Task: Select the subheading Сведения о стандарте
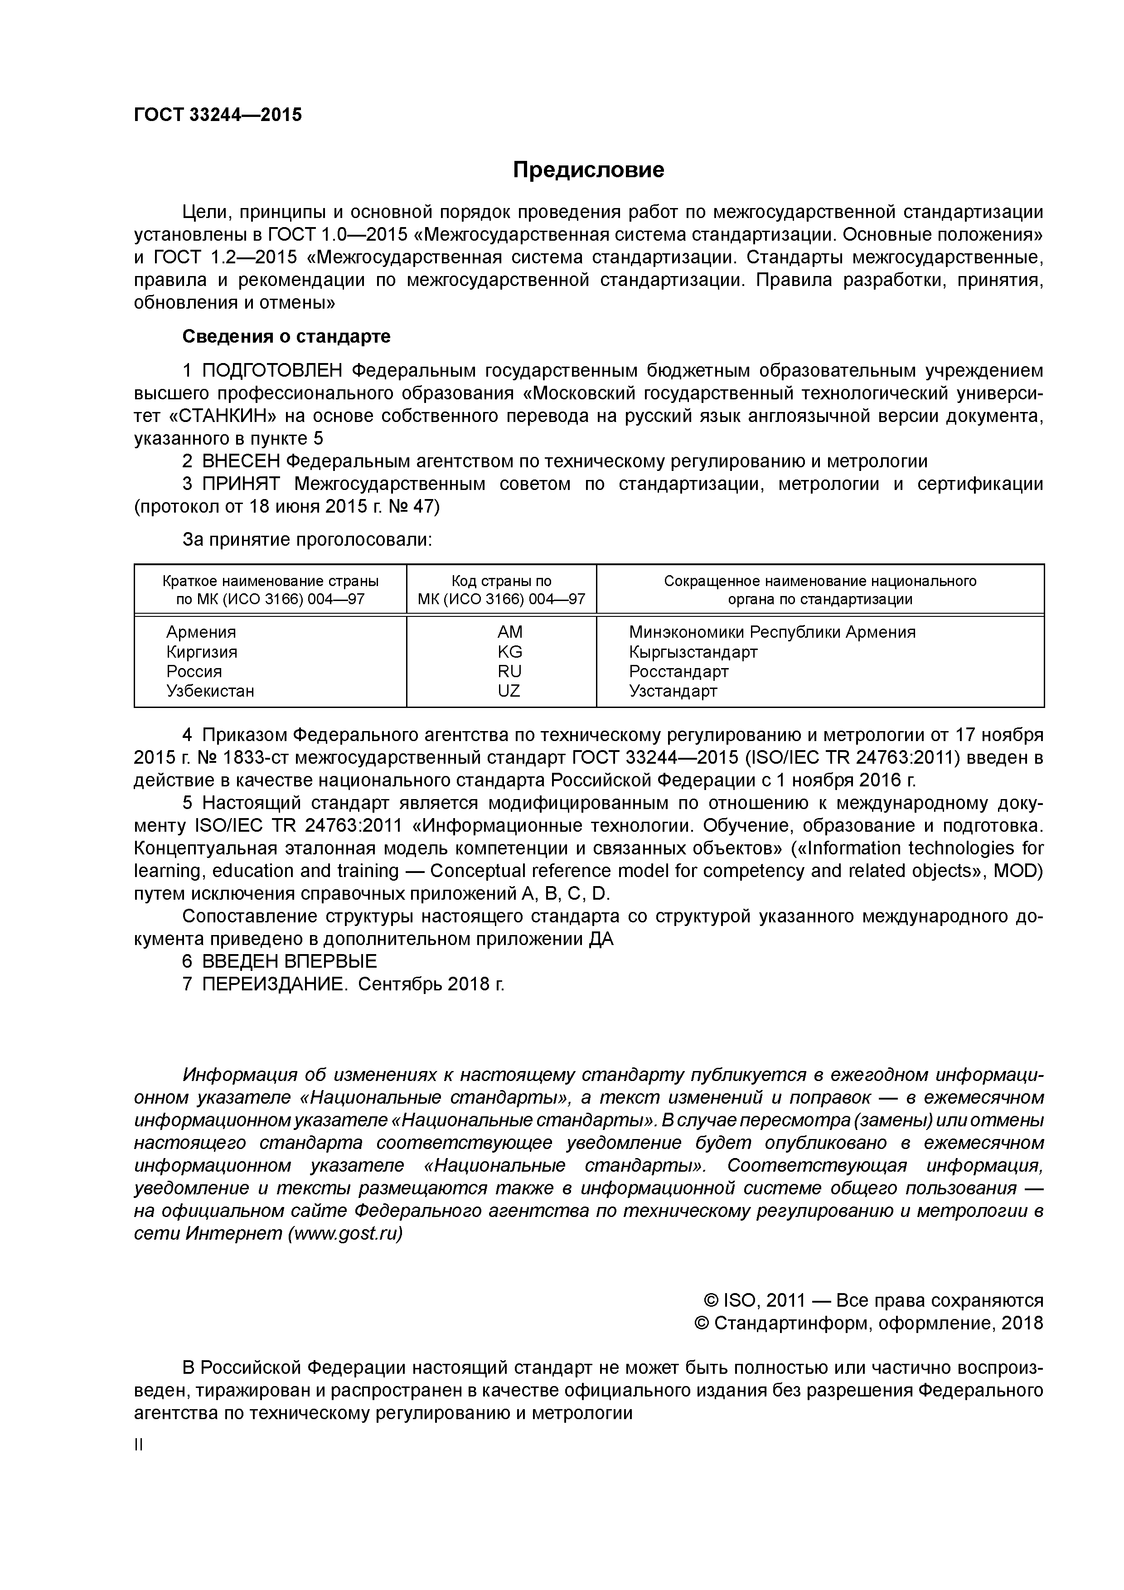tap(286, 337)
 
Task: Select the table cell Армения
tap(201, 632)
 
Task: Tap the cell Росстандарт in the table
tap(678, 672)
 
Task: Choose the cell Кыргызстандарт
tap(693, 652)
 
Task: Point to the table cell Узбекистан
tap(210, 691)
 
